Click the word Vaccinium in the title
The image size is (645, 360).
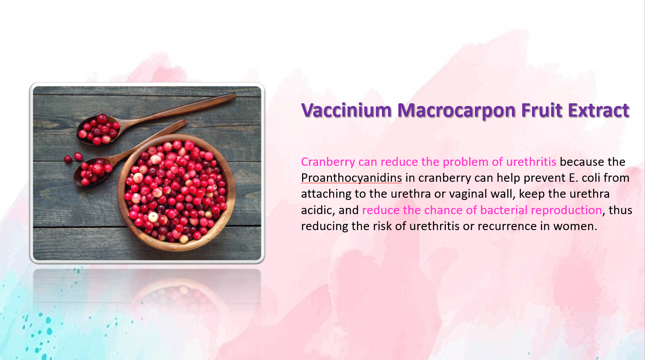tap(346, 110)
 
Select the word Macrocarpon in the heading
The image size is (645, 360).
tap(456, 110)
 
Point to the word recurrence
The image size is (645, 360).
tap(507, 227)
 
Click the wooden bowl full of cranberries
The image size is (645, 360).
tap(176, 192)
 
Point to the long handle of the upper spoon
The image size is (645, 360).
tap(178, 109)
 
